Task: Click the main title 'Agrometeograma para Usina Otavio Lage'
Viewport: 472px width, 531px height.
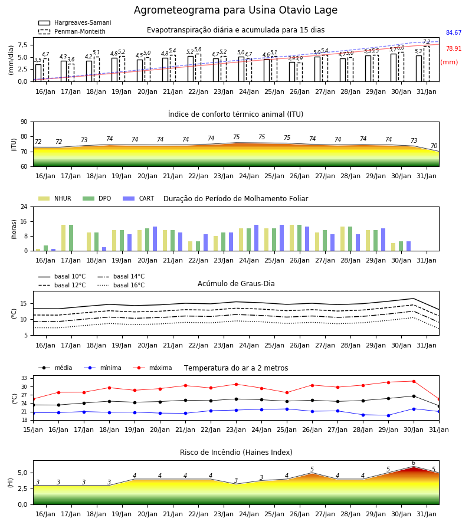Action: tap(235, 10)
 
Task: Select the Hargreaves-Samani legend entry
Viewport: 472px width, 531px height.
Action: tap(75, 22)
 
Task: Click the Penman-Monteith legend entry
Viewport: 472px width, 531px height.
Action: tap(72, 31)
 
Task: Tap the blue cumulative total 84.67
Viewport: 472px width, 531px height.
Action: tap(454, 32)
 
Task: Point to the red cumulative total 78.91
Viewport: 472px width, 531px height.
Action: tap(454, 48)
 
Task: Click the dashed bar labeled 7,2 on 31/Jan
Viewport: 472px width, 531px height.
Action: tap(427, 64)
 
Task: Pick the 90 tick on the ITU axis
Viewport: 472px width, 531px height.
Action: tap(24, 122)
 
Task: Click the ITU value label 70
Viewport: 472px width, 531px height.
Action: tap(434, 146)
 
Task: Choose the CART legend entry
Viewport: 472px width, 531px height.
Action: tap(139, 198)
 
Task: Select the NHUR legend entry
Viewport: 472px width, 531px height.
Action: tap(55, 198)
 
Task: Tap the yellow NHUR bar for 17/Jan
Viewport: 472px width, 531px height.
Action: tap(63, 238)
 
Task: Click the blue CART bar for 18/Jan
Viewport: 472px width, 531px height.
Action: tap(104, 249)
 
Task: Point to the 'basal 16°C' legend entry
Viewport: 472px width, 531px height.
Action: tap(121, 285)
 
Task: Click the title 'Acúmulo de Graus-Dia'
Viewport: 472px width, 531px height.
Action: tap(236, 283)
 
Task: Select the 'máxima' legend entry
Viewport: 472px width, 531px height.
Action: tap(152, 368)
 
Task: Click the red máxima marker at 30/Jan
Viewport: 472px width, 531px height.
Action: tap(414, 381)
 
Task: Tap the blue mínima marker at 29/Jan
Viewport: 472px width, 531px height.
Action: tap(388, 415)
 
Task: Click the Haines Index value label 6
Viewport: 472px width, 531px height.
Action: tap(414, 463)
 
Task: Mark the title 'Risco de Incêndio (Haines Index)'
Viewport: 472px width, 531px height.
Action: tap(236, 452)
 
